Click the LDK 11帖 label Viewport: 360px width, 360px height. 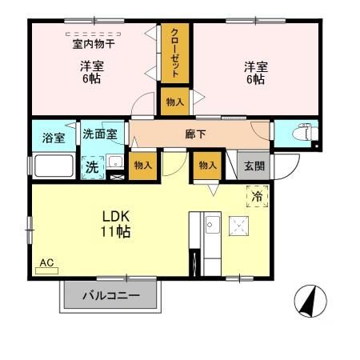(x=116, y=223)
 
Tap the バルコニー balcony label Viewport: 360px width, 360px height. (x=111, y=296)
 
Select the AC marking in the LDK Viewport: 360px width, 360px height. (x=46, y=263)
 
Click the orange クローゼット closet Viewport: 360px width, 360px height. (x=174, y=52)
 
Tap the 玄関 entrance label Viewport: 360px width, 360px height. (x=254, y=166)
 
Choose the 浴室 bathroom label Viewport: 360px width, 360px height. (x=54, y=138)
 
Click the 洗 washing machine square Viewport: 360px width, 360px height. (x=92, y=167)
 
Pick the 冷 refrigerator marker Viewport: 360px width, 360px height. (x=258, y=195)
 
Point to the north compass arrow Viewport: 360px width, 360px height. (x=311, y=302)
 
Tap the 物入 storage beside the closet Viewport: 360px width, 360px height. (x=175, y=102)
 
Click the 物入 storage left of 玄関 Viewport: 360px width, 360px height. (x=206, y=165)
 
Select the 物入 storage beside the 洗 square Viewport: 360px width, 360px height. (x=143, y=165)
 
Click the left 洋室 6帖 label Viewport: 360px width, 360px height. (x=90, y=74)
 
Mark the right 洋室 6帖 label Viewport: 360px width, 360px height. (x=254, y=74)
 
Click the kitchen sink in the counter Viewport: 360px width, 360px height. (x=212, y=226)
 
